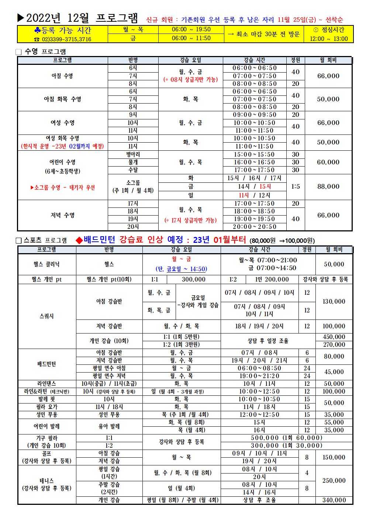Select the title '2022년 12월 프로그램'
click(82, 18)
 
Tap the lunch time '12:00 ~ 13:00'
click(328, 39)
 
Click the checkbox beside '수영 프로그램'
click(19, 52)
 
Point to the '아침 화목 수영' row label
click(62, 99)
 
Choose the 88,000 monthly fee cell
click(328, 186)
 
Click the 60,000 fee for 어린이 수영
click(328, 162)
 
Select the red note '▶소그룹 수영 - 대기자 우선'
click(63, 188)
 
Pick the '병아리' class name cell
click(133, 154)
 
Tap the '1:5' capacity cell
click(295, 186)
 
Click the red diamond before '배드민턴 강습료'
click(79, 240)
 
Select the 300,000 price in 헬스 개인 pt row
click(193, 279)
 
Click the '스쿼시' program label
click(46, 316)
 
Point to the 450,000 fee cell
click(334, 337)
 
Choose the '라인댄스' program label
click(46, 384)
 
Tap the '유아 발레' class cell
click(109, 426)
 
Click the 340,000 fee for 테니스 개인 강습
click(334, 500)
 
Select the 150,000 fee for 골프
click(334, 457)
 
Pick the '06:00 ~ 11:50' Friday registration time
click(191, 38)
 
